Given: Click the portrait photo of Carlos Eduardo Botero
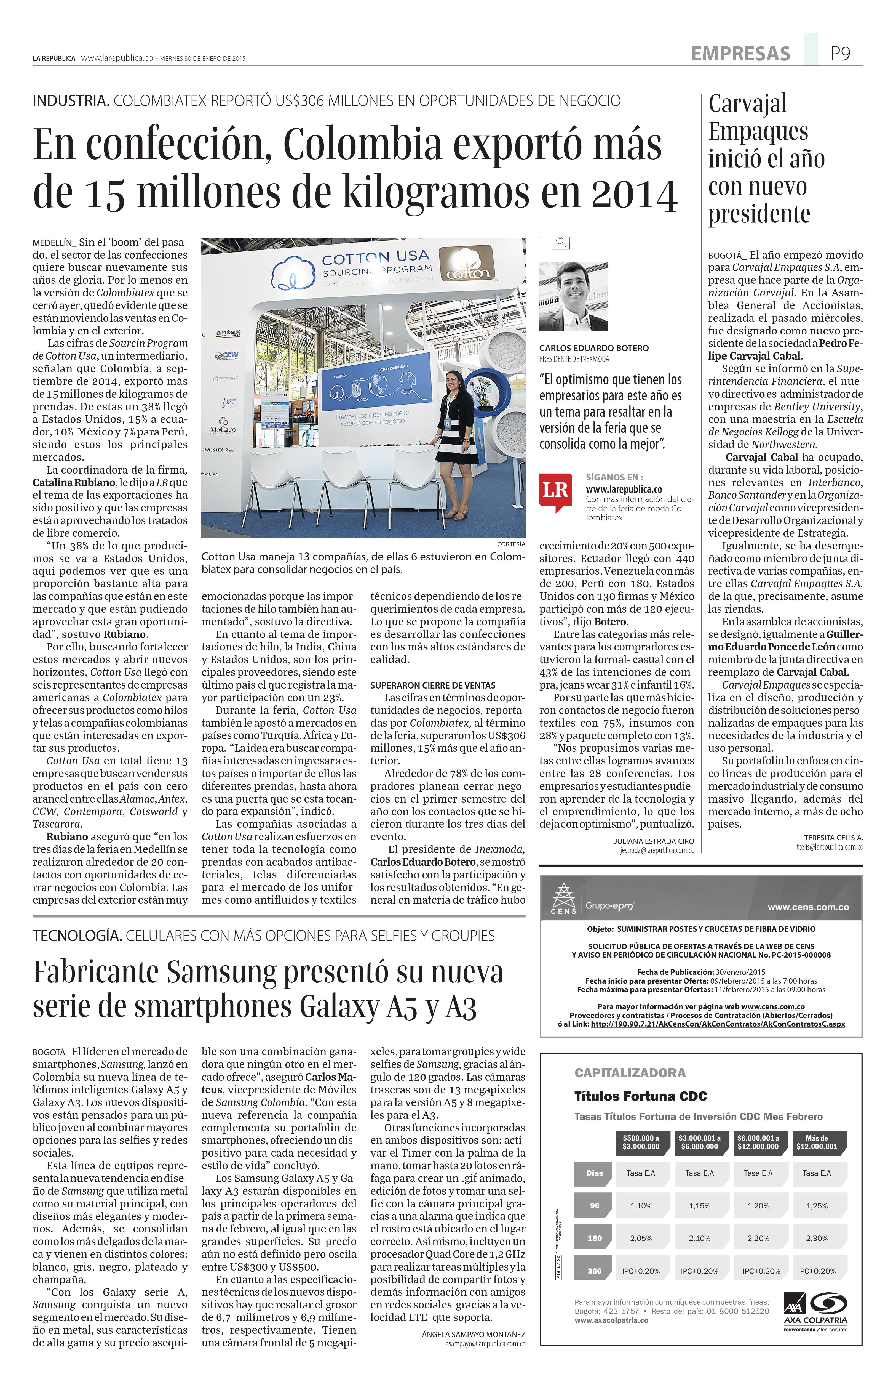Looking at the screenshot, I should [x=573, y=296].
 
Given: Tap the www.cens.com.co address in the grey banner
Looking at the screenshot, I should [x=808, y=907].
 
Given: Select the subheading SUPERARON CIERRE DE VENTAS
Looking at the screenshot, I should [x=433, y=685].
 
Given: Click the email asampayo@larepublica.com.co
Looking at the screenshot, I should [x=485, y=1343].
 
